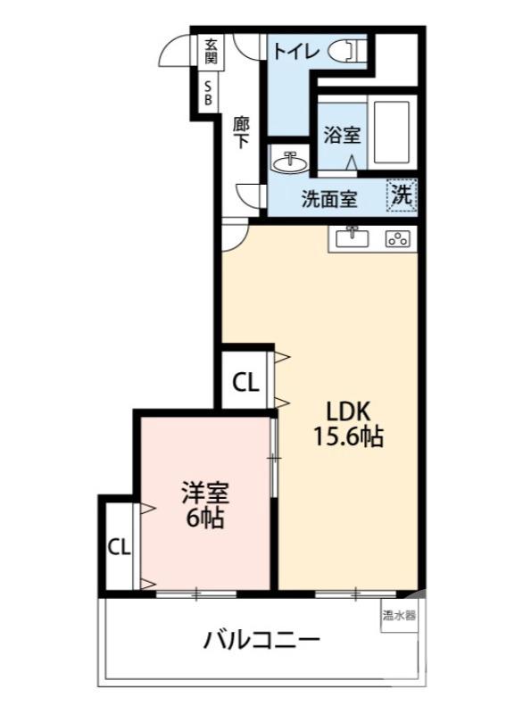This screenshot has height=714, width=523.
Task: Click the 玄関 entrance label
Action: pos(211,51)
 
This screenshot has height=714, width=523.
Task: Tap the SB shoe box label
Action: pos(209,93)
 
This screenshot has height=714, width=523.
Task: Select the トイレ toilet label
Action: pos(295,51)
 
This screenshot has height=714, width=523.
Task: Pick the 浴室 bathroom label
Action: pos(342,137)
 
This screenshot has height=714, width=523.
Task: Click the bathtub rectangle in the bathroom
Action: pos(390,132)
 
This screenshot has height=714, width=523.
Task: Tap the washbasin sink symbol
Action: pos(289,163)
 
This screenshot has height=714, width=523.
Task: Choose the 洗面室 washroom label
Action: pos(329,198)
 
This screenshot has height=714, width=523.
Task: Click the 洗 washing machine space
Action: pos(402,195)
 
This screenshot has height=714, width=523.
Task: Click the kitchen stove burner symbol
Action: pos(396,238)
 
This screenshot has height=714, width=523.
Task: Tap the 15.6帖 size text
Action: pos(347,438)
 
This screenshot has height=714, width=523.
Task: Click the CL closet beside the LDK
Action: pos(246,382)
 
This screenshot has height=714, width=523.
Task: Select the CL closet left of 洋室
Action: pos(119,545)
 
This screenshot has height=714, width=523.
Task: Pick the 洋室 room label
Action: pos(204,492)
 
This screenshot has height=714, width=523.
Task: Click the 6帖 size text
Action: pos(204,519)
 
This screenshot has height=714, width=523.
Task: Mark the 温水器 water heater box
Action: pos(399,615)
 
